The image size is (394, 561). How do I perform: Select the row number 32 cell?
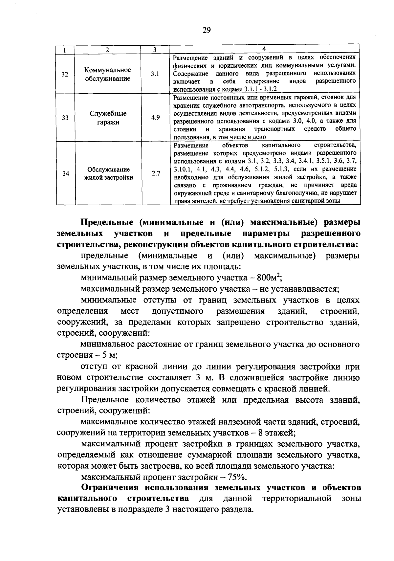65,74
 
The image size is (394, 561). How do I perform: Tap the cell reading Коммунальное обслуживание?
108,74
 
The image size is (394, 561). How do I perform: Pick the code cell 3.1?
155,74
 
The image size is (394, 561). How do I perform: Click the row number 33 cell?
65,118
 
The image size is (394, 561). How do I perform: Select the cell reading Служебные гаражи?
108,118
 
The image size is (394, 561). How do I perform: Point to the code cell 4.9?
155,118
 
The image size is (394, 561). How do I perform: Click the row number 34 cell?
65,173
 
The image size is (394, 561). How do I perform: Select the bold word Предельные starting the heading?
107,222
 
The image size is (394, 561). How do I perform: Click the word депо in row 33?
259,137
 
